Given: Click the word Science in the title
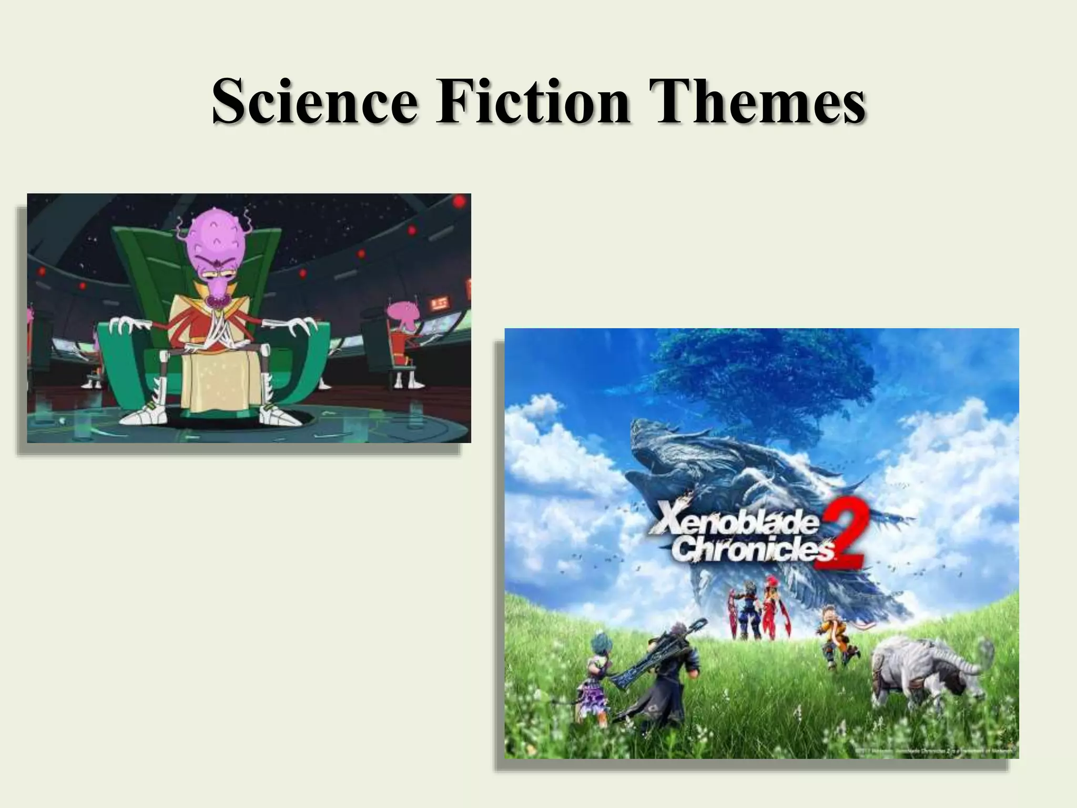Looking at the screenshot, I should tap(313, 101).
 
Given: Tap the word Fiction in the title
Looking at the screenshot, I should tap(532, 101).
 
